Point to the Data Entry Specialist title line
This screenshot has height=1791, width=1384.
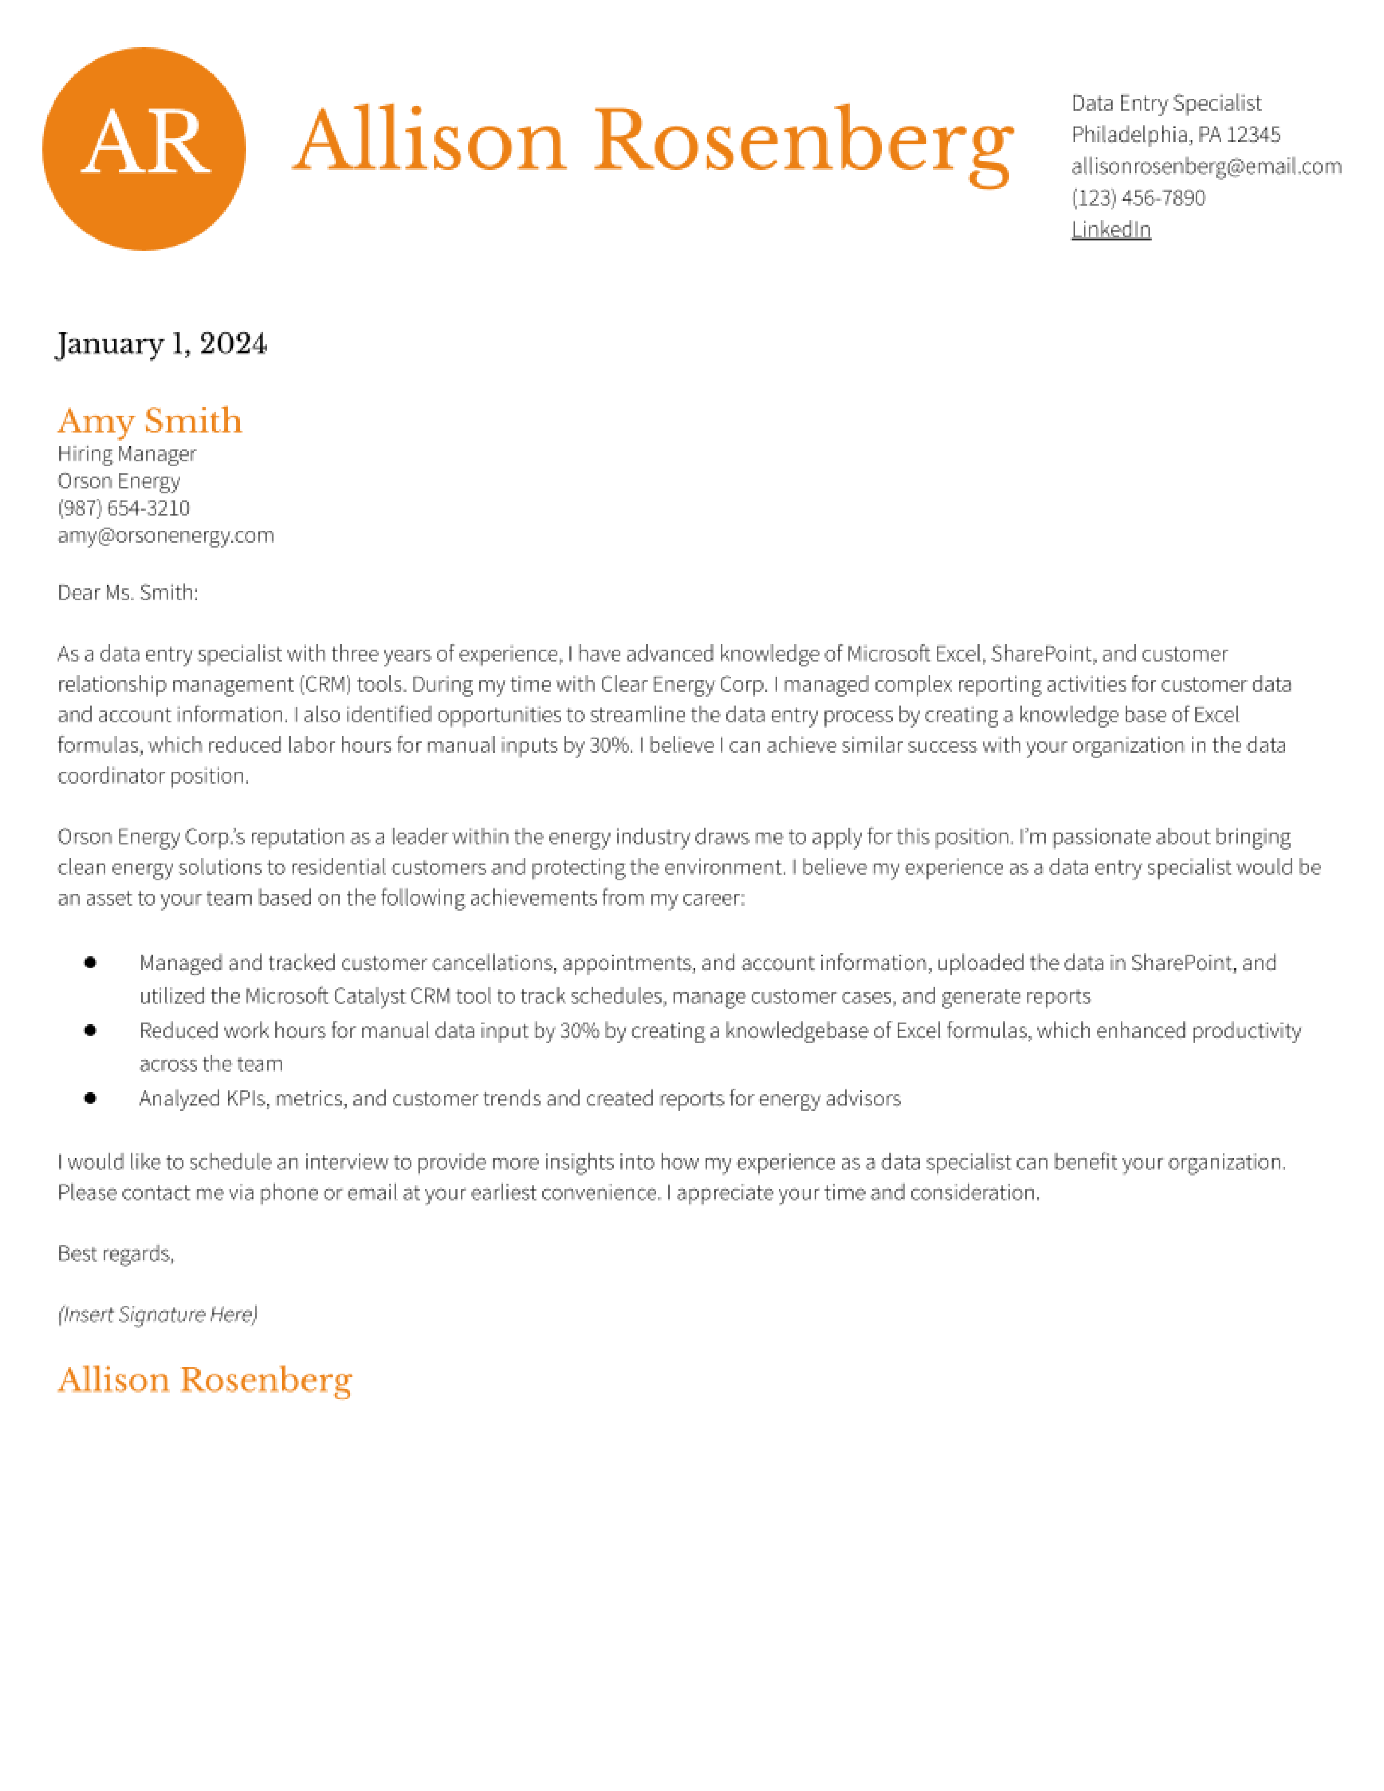(1165, 103)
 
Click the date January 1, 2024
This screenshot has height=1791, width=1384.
(162, 343)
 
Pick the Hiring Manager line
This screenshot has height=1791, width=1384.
(126, 454)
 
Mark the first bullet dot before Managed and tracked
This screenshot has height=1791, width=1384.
(90, 963)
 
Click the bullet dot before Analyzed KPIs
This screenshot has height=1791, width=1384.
(90, 1098)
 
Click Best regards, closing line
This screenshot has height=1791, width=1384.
(116, 1253)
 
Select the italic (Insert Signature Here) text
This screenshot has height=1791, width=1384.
(157, 1314)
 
